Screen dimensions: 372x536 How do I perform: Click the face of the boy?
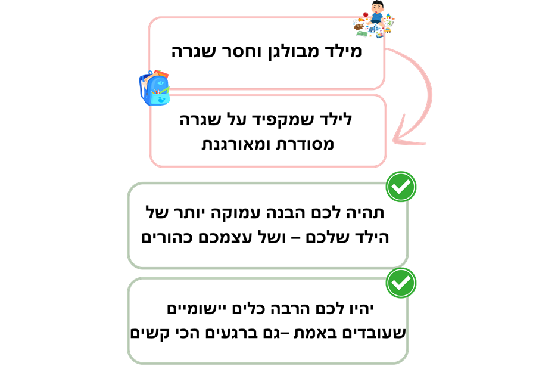tap(376, 8)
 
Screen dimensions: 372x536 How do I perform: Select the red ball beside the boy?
tap(365, 14)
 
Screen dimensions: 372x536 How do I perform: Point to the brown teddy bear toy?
tap(359, 26)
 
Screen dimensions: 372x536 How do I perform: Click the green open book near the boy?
tap(362, 34)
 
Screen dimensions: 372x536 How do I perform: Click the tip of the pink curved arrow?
tap(394, 141)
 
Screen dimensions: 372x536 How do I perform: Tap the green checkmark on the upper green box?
tap(401, 187)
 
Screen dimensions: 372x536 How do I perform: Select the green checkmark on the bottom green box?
tap(401, 283)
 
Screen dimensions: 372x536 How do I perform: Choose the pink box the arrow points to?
tap(267, 131)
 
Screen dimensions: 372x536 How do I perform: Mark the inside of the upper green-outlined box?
tap(267, 225)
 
